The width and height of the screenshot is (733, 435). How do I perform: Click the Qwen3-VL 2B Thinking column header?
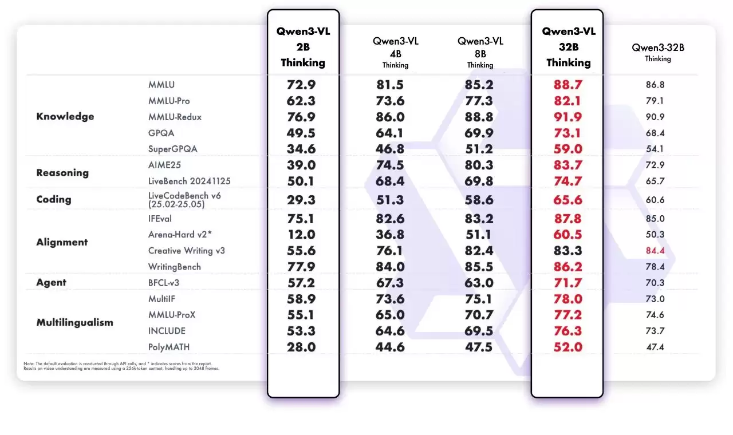pos(303,47)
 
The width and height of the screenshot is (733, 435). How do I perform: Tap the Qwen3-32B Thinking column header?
pos(658,52)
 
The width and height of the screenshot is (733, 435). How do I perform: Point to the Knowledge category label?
pos(65,117)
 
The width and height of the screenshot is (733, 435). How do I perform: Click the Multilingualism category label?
pos(74,322)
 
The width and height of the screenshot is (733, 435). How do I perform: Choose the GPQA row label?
pos(161,133)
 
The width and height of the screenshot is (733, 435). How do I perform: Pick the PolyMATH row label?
pos(169,347)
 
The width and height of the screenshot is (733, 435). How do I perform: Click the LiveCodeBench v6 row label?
pos(184,199)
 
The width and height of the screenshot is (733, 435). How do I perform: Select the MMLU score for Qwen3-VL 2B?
pos(301,85)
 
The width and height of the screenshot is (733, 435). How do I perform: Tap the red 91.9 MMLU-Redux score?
pos(568,117)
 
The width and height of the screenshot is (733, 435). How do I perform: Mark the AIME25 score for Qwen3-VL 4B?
pos(389,165)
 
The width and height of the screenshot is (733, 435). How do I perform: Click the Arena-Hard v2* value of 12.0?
pos(301,235)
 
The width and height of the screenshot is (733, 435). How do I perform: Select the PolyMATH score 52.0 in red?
pos(568,347)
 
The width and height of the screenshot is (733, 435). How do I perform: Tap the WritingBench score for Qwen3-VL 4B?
pos(389,267)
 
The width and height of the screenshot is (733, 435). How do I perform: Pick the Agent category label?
pos(51,283)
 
